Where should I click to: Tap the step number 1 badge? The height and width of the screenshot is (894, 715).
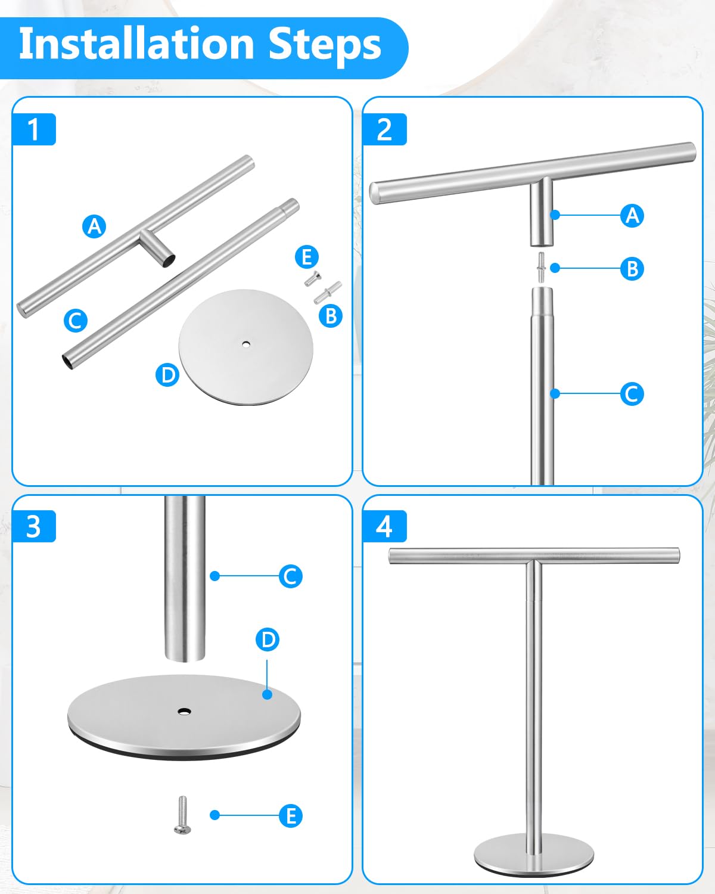34,129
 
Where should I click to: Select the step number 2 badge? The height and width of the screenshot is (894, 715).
384,129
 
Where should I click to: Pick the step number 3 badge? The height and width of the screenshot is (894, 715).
34,526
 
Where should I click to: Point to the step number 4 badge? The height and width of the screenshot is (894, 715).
384,526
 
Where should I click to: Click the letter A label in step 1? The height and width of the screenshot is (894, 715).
94,226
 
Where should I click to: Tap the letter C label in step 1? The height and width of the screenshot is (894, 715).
76,321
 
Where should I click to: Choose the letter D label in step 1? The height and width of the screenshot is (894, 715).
167,375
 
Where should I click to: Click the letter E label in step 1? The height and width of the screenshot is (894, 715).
307,257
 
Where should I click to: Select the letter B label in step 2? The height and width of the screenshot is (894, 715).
632,269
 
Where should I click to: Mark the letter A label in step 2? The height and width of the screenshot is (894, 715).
632,215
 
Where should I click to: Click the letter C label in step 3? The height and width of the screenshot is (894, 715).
290,576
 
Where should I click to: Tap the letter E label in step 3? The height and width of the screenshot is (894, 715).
290,815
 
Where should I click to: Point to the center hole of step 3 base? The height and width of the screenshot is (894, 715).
184,711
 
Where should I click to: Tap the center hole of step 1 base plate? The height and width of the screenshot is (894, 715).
246,344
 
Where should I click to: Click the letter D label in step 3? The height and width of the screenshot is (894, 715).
268,640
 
